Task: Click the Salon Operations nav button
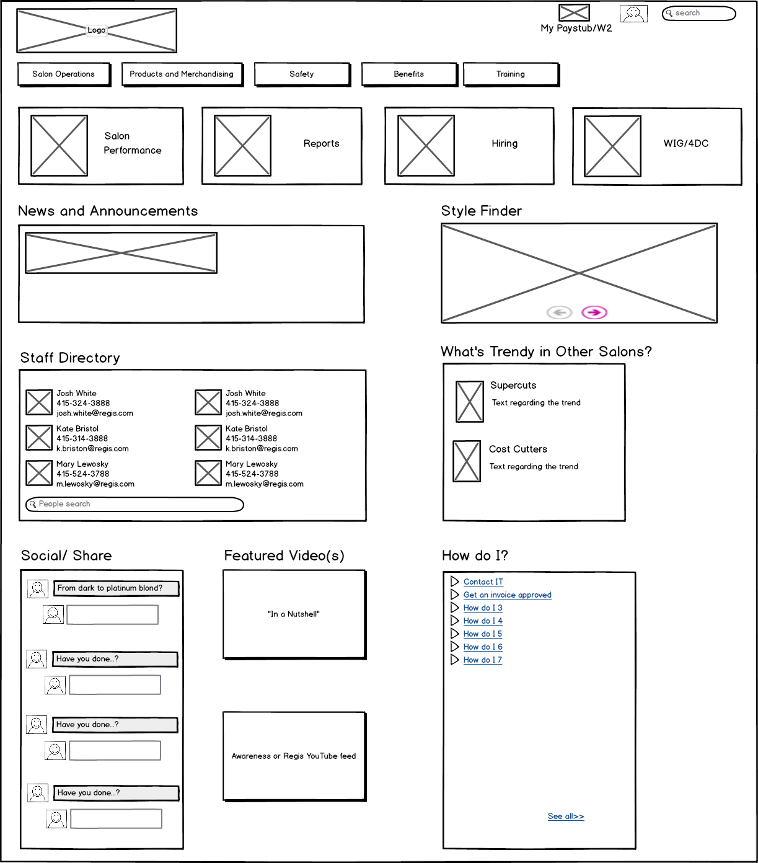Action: click(x=64, y=74)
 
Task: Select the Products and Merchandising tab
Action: click(x=182, y=74)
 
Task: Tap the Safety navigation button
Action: click(x=302, y=74)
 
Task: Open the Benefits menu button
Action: click(x=409, y=74)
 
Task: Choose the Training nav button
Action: click(x=511, y=74)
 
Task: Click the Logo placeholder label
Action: click(x=96, y=30)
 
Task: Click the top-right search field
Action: click(x=699, y=13)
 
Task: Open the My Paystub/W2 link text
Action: click(x=576, y=29)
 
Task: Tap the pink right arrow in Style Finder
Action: click(x=594, y=312)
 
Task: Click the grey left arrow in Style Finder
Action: click(x=559, y=312)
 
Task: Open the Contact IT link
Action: click(x=483, y=582)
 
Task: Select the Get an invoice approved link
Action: click(x=507, y=595)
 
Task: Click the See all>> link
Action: click(x=565, y=817)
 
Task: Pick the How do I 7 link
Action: click(x=482, y=660)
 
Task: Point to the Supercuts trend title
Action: click(x=513, y=386)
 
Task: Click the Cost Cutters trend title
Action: click(x=518, y=449)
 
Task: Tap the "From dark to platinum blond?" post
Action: click(x=116, y=588)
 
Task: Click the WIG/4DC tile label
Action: click(x=685, y=144)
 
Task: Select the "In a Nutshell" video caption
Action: click(x=294, y=614)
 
